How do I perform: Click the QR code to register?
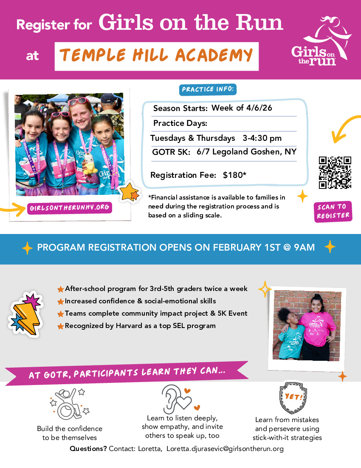pyautogui.click(x=335, y=173)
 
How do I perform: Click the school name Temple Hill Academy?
pyautogui.click(x=156, y=55)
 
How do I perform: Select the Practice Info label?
pyautogui.click(x=209, y=90)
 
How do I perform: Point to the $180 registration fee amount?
pyautogui.click(x=233, y=175)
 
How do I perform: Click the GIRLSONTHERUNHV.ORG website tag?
pyautogui.click(x=70, y=208)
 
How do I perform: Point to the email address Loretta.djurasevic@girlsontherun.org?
pyautogui.click(x=225, y=449)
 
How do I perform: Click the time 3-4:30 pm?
pyautogui.click(x=262, y=138)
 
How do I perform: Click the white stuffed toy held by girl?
pyautogui.click(x=90, y=163)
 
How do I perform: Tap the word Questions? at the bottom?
pyautogui.click(x=88, y=449)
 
